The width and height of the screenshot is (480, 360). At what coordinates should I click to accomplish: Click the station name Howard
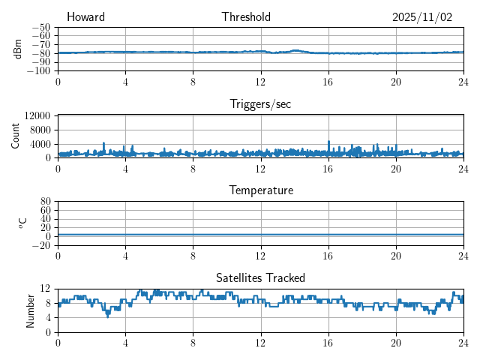tap(85, 17)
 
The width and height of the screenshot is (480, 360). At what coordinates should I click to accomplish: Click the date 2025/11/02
tap(422, 17)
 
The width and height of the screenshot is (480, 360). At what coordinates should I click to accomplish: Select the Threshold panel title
tap(246, 17)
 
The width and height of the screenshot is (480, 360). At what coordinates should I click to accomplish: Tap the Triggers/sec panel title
tap(260, 104)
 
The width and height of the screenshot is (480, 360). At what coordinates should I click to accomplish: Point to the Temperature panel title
tap(260, 190)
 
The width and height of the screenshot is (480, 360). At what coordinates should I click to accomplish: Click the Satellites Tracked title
tap(260, 277)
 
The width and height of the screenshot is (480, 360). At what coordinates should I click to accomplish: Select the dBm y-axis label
tap(18, 49)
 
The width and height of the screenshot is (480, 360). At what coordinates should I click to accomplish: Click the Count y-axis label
tap(16, 136)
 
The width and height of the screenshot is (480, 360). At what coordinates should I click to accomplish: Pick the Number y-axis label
tap(30, 310)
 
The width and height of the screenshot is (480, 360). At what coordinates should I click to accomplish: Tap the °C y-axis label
tap(22, 223)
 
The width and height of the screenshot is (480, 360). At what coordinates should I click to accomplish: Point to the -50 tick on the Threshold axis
tap(41, 26)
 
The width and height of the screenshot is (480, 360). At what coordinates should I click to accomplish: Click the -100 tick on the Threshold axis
tap(39, 70)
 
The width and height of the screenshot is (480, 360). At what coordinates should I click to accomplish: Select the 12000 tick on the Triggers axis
tap(37, 115)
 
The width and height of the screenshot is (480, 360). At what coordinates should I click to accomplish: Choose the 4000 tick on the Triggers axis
tap(40, 143)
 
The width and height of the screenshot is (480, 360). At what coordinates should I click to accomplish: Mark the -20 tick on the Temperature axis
tap(43, 244)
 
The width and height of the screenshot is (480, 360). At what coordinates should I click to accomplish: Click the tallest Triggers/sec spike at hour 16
tap(328, 142)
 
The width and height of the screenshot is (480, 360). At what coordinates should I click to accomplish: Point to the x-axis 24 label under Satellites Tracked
tap(463, 341)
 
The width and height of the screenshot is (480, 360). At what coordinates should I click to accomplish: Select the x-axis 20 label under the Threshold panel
tap(396, 80)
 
